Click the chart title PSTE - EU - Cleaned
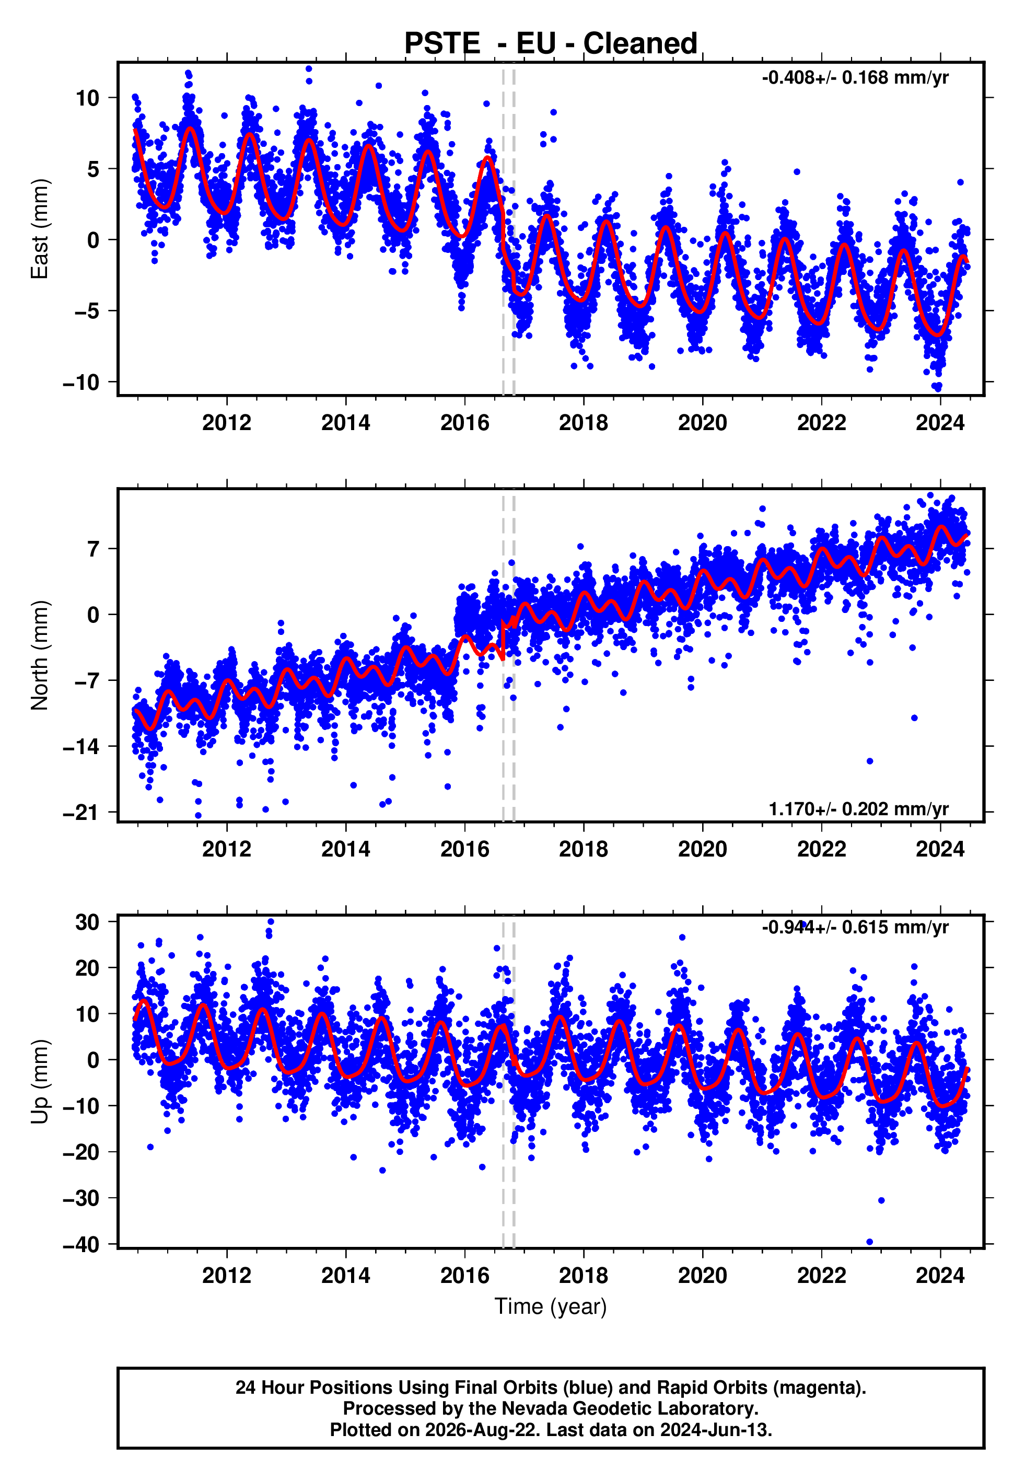click(551, 44)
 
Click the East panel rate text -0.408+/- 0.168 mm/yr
click(855, 78)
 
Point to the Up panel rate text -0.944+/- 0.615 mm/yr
click(855, 928)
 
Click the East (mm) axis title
click(40, 229)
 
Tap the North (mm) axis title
click(40, 655)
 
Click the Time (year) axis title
click(551, 1307)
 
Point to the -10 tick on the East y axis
click(81, 382)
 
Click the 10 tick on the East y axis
click(87, 98)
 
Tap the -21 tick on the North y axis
click(81, 813)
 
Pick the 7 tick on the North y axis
click(95, 549)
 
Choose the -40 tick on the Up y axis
click(81, 1244)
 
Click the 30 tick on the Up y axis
click(87, 922)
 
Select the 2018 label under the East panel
click(583, 423)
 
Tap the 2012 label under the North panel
click(227, 849)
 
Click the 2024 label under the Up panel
click(940, 1276)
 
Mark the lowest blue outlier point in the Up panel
click(870, 1242)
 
